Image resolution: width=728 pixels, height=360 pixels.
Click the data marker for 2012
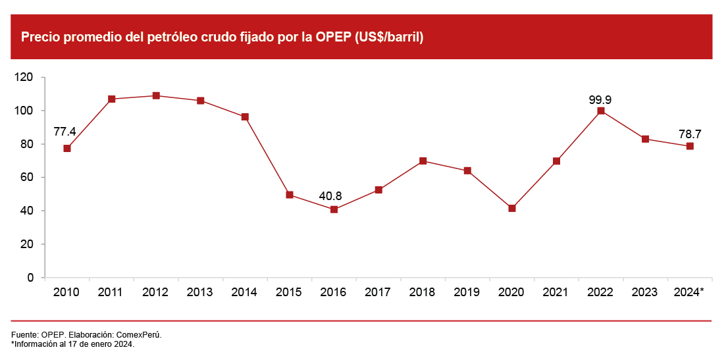point(156,95)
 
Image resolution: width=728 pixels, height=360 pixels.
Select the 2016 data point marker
point(334,209)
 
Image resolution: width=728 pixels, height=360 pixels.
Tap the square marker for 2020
point(512,208)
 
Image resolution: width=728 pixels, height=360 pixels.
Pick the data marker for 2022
point(601,111)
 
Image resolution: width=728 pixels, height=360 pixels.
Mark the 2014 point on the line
point(245,117)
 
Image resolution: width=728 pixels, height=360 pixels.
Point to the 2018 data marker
point(423,161)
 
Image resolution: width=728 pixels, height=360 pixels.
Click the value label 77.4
point(65,132)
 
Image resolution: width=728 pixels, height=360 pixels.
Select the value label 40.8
point(331,195)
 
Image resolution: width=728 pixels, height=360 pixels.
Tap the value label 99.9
point(600,99)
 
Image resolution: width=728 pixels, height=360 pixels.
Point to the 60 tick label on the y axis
point(27,178)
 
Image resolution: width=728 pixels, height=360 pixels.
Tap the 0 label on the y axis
point(31,278)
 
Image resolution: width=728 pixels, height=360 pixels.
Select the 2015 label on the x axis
point(289,292)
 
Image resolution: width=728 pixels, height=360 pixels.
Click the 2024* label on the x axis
point(689,292)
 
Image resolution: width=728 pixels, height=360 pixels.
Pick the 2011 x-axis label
point(111,292)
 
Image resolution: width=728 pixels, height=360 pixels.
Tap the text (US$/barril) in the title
point(389,38)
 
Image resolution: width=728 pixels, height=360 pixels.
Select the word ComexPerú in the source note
point(139,335)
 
